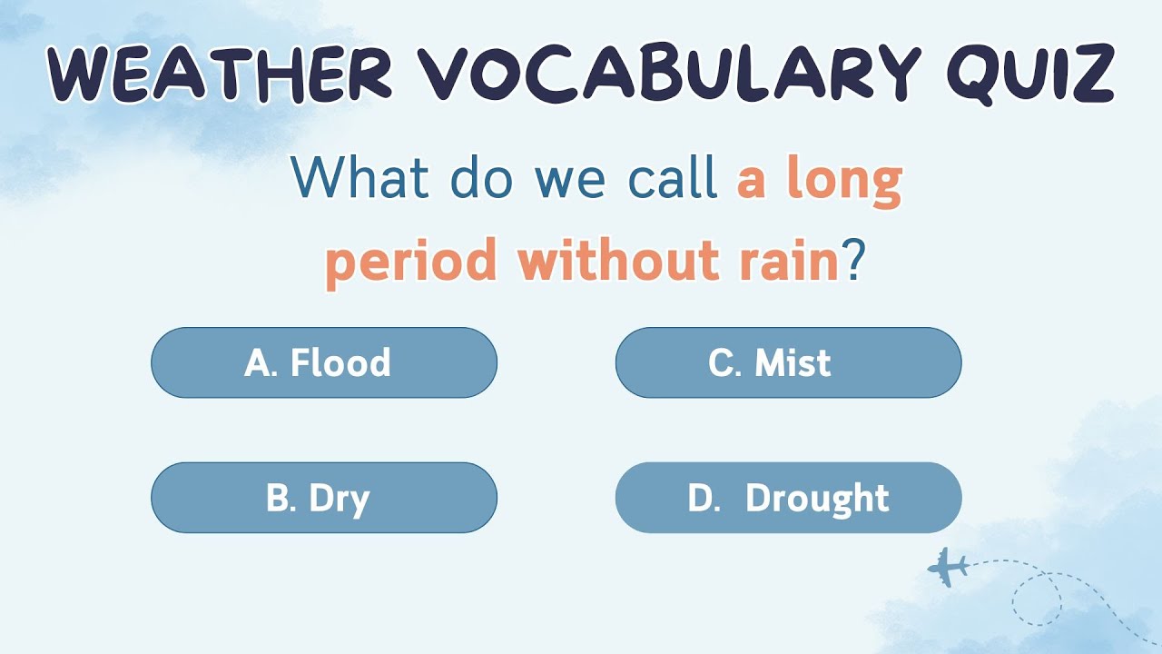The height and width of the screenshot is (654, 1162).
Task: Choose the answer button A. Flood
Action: pyautogui.click(x=324, y=363)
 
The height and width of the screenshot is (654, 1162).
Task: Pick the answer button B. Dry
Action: pyautogui.click(x=324, y=498)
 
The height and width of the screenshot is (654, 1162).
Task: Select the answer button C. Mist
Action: pyautogui.click(x=788, y=363)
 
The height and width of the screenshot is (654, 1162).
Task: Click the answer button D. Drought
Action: pyautogui.click(x=788, y=498)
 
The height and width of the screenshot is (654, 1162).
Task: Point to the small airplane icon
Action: pyautogui.click(x=947, y=567)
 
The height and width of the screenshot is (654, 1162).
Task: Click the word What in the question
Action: pyautogui.click(x=359, y=178)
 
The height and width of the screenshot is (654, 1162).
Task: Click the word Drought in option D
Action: pyautogui.click(x=817, y=498)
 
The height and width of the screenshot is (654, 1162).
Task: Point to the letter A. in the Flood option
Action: pyautogui.click(x=261, y=363)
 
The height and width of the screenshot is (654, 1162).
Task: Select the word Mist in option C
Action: pyautogui.click(x=793, y=363)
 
